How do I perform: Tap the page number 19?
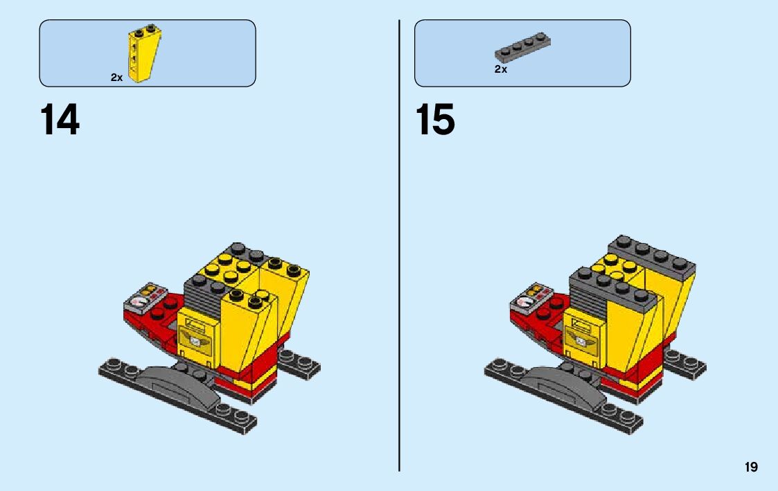pos(751,467)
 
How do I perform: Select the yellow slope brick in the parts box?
pos(141,55)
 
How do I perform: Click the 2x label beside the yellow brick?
pos(116,78)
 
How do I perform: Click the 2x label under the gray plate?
pos(501,69)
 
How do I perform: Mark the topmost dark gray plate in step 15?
pos(651,257)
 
